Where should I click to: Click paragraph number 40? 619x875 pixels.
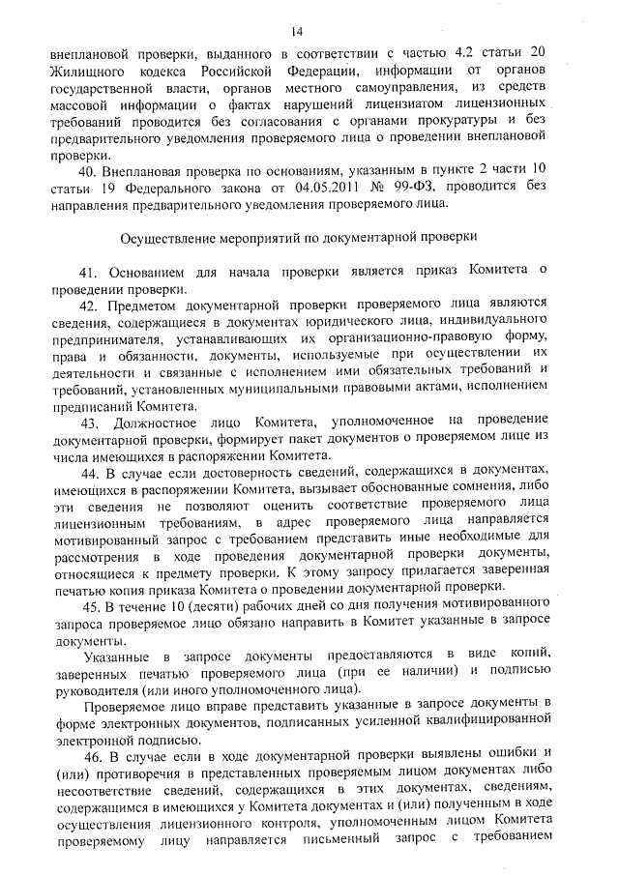(x=90, y=171)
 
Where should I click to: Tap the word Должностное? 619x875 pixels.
(x=184, y=423)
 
